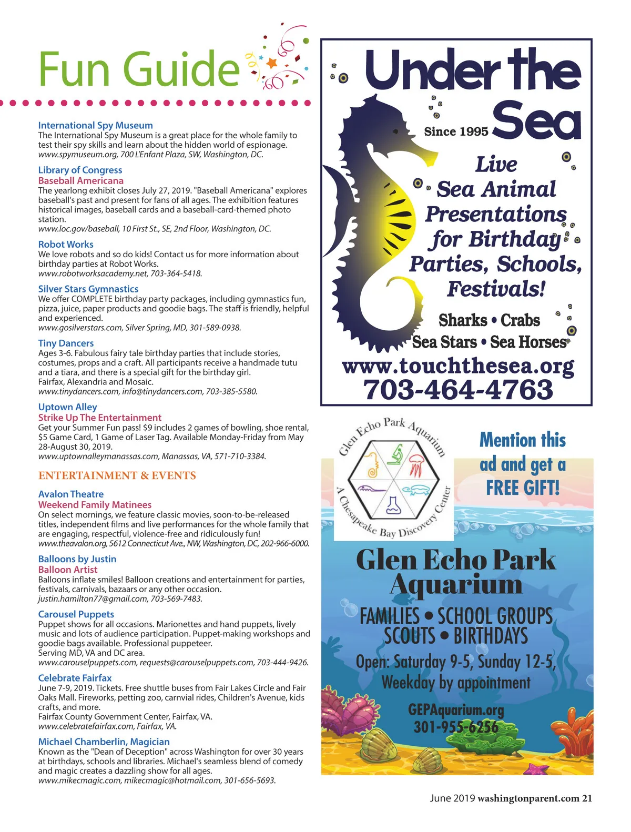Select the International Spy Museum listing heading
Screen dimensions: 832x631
(x=95, y=125)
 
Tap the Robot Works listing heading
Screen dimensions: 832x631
(x=66, y=244)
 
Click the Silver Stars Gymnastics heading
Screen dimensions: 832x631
(x=88, y=289)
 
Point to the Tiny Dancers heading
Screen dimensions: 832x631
(x=66, y=343)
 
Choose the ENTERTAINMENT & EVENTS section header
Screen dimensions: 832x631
(x=117, y=475)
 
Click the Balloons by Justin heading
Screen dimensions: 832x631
(x=77, y=559)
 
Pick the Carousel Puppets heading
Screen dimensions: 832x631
(x=76, y=614)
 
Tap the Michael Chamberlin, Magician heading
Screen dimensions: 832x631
(x=104, y=742)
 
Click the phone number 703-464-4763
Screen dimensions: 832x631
(x=458, y=390)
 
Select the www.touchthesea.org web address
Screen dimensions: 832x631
(x=458, y=366)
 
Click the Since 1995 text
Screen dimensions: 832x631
(x=456, y=131)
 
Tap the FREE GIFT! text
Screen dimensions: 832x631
(x=523, y=488)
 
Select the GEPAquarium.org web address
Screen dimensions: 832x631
(x=456, y=710)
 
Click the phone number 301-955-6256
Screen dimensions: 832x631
(x=456, y=727)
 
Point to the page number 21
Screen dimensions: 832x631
(x=587, y=798)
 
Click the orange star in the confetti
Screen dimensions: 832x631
(x=271, y=64)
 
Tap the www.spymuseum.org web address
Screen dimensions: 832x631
(x=78, y=155)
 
